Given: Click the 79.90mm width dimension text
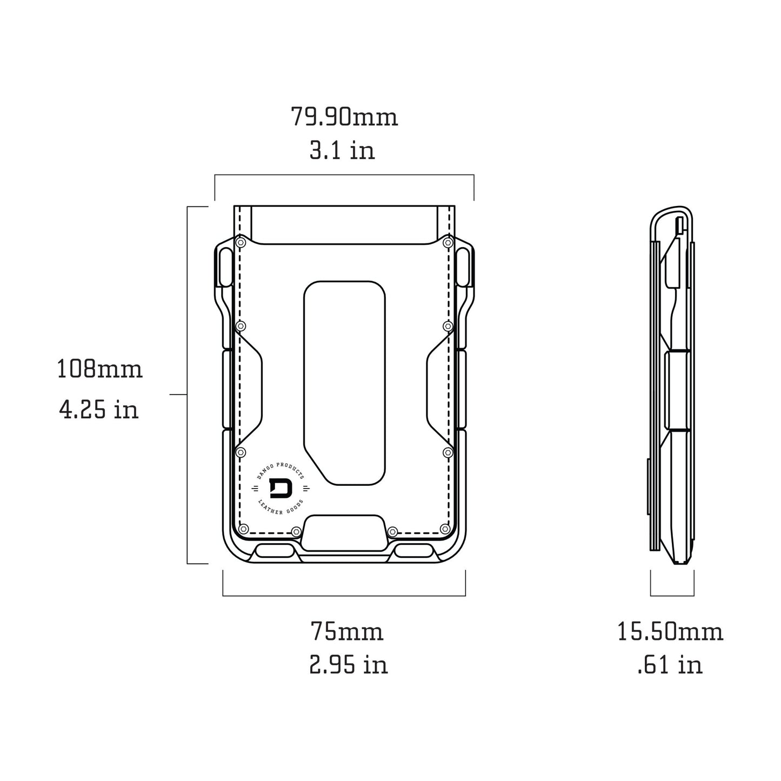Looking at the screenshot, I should point(344,117).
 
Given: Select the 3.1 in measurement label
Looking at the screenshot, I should point(342,150).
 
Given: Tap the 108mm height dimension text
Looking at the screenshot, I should point(100,370).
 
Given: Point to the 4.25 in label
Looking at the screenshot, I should point(99,410).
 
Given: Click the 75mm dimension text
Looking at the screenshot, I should point(347,631).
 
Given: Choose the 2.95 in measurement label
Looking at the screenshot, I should point(349,665).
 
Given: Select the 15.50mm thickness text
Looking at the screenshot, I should point(670,631).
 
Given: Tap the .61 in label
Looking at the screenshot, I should point(670,665).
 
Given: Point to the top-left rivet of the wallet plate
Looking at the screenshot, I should point(241,243).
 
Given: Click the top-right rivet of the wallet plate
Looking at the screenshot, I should point(447,243).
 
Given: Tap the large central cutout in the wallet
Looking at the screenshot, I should point(344,382).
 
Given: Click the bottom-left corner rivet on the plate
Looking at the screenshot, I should point(243,528).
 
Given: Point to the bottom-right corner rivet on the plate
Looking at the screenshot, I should point(445,528).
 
